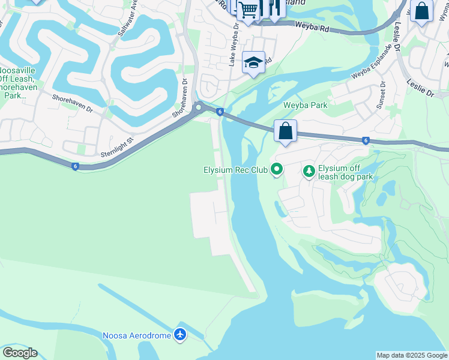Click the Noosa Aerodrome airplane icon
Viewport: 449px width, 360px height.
(x=180, y=334)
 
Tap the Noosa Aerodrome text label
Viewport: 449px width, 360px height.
(x=137, y=335)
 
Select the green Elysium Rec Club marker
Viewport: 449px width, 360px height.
(x=277, y=170)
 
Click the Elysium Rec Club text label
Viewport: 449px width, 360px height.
(x=235, y=170)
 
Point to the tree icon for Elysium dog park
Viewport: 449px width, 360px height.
(x=309, y=172)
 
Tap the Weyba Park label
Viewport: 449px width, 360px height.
(x=306, y=105)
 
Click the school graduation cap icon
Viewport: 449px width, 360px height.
(x=253, y=62)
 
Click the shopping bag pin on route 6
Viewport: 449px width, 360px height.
(x=286, y=130)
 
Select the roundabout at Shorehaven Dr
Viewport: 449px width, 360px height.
(x=198, y=107)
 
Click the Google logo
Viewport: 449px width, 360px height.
(x=20, y=353)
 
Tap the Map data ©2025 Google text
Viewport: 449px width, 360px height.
(x=412, y=355)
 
